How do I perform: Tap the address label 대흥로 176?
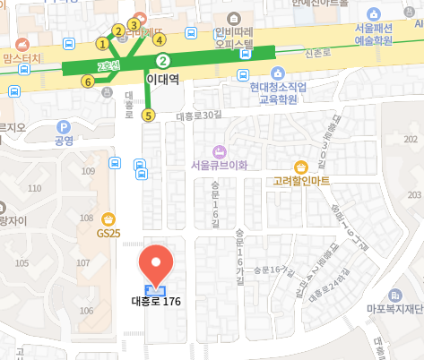[158, 302]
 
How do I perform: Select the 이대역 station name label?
[162, 80]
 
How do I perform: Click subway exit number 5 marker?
[148, 115]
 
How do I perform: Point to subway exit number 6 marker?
[88, 81]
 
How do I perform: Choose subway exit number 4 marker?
[160, 39]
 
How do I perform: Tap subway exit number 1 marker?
[102, 43]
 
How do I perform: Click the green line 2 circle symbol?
[163, 61]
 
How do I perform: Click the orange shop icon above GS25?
[108, 218]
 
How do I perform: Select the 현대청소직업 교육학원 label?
[279, 93]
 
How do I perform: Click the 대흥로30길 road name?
[198, 116]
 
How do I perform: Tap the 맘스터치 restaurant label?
[23, 58]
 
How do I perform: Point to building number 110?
[35, 188]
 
